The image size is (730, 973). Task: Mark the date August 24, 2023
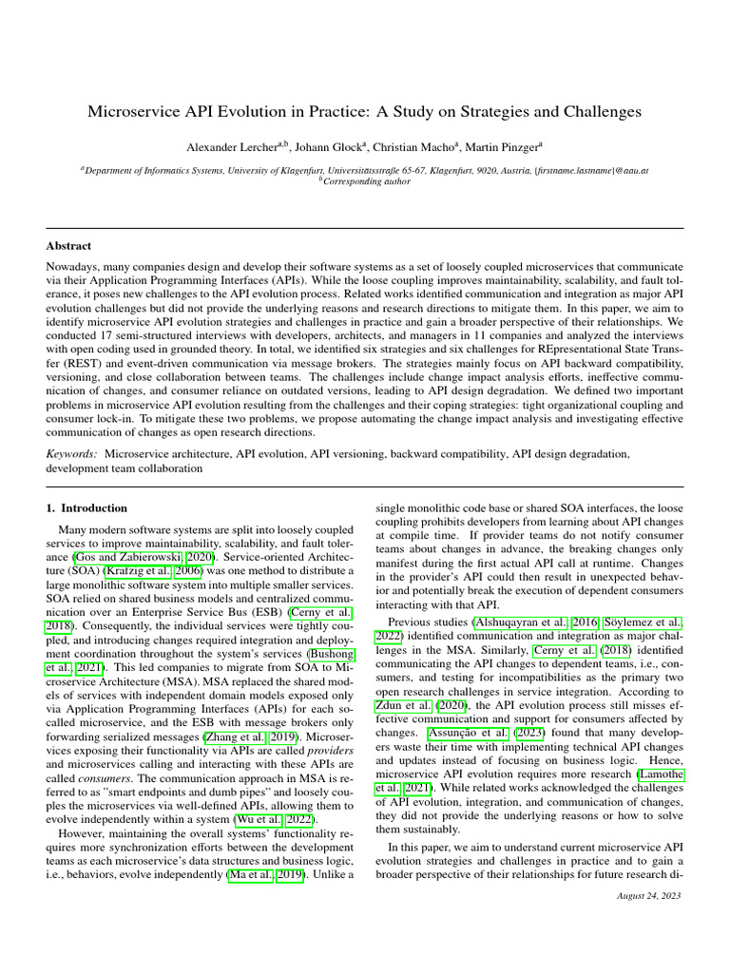click(x=649, y=895)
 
